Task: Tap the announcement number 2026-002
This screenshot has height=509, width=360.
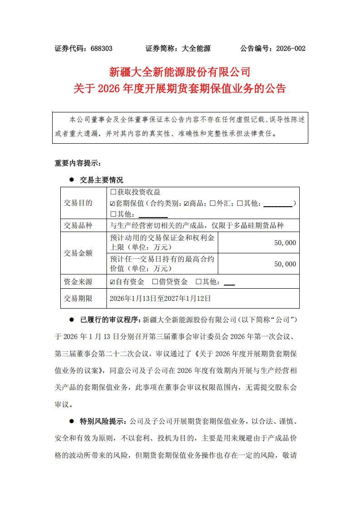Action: click(290, 48)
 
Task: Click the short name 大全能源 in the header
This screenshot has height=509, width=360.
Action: click(196, 48)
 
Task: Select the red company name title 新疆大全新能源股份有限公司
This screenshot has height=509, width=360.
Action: click(180, 72)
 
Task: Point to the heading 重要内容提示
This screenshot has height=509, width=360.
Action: click(77, 163)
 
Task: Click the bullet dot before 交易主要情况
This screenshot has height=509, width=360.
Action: click(71, 180)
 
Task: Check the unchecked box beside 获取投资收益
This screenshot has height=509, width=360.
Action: click(113, 192)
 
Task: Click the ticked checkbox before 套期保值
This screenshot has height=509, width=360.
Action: click(113, 203)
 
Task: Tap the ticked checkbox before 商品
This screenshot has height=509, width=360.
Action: click(186, 203)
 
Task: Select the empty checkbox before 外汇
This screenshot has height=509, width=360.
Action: click(213, 203)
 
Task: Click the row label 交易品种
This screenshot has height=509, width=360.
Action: click(78, 225)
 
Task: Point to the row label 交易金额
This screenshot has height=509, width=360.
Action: click(78, 253)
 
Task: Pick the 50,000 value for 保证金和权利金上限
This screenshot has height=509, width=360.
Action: click(285, 243)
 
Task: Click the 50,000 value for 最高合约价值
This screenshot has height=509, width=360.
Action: click(285, 264)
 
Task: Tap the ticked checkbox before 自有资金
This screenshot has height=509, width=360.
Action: click(113, 282)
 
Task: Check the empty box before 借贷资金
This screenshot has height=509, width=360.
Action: click(155, 282)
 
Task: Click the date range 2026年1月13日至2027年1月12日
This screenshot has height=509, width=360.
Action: click(160, 299)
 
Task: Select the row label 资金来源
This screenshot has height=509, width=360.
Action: click(78, 282)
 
